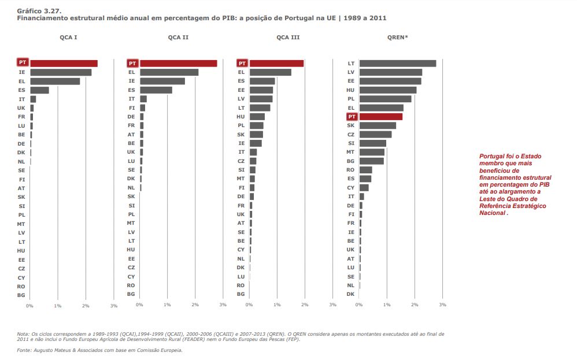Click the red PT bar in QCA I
tap(64, 63)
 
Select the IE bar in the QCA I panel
tap(61, 72)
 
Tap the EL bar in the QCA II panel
tap(169, 72)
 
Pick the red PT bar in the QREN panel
tap(380, 116)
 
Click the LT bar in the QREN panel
tap(397, 63)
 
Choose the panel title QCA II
tap(178, 38)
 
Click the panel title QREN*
tap(397, 38)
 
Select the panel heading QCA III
tap(288, 38)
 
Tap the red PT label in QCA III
tap(242, 63)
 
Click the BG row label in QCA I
tap(21, 295)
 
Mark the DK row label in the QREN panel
tap(350, 294)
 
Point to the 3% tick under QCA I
tap(114, 305)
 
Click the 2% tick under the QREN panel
tap(415, 305)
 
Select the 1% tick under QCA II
tap(167, 305)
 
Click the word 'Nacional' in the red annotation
tap(493, 213)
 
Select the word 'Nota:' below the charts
tap(23, 334)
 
